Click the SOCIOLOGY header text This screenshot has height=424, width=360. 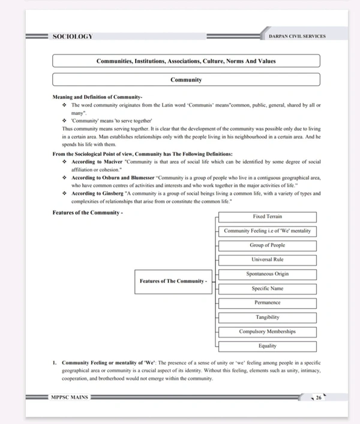pos(73,37)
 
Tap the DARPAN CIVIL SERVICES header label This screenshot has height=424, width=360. pos(298,37)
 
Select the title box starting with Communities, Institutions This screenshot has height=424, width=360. pos(186,61)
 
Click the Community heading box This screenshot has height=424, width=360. pos(186,80)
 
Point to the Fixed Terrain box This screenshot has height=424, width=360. pos(267,216)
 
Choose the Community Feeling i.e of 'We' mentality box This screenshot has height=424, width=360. pos(267,231)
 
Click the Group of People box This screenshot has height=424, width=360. pos(267,245)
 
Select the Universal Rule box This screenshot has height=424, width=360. pos(267,260)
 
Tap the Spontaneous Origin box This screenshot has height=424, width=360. pos(267,274)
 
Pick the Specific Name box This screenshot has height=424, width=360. pos(267,288)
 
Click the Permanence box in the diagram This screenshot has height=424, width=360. pos(267,303)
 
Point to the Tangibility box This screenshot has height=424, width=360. pos(267,317)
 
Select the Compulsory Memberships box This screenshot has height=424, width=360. pos(267,332)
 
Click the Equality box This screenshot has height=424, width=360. pos(267,346)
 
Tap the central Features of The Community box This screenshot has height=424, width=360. pos(173,281)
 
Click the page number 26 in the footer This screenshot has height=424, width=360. pos(319,398)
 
